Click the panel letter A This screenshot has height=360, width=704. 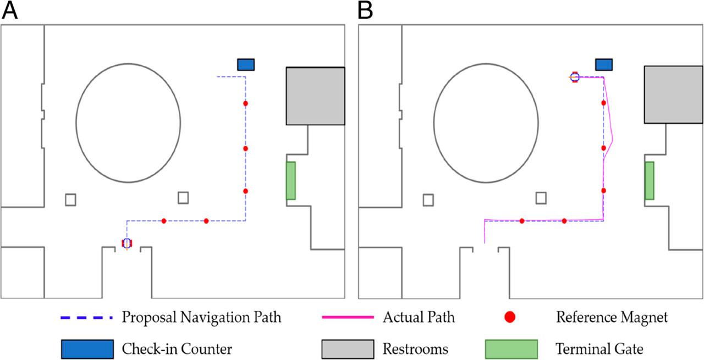tap(10, 11)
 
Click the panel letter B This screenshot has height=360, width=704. tap(366, 11)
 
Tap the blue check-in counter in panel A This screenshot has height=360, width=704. tap(246, 64)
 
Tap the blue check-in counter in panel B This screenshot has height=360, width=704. tap(604, 64)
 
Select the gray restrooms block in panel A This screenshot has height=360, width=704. tap(315, 96)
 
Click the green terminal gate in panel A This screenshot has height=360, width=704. tap(290, 180)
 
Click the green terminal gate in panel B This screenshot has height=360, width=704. tap(649, 180)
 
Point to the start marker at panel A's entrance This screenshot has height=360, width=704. tap(127, 243)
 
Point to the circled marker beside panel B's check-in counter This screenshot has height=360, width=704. tap(575, 77)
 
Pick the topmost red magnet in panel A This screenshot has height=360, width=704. tap(245, 103)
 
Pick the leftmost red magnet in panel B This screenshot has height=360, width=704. tap(521, 221)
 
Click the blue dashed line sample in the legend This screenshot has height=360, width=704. tap(86, 317)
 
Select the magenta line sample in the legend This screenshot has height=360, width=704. tap(344, 317)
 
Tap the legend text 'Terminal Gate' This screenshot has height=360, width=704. tap(598, 348)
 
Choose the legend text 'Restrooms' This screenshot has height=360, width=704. tap(415, 348)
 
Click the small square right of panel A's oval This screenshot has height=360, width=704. tap(183, 197)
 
